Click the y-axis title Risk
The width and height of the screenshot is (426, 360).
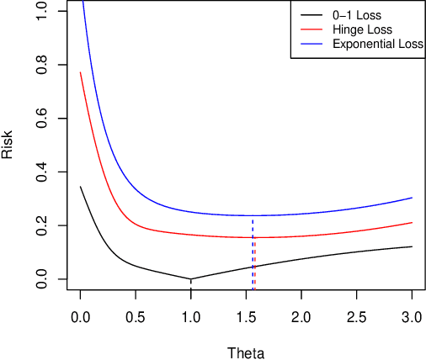8,145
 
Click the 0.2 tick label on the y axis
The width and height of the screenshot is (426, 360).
42,225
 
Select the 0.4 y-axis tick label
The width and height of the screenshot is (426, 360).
42,172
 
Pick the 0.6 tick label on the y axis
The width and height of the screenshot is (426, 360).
42,118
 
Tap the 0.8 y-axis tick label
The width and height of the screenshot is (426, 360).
42,65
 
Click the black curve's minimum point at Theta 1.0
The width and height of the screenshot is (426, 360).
191,279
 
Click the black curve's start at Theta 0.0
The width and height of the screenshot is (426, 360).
81,187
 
